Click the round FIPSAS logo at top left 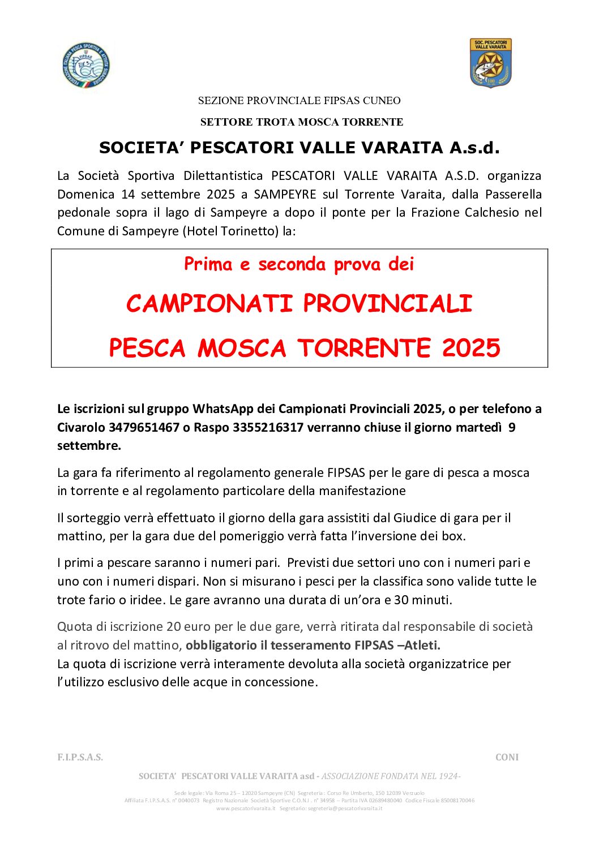86,65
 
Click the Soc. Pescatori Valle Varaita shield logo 490,63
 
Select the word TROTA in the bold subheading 275,122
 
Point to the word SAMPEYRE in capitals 285,194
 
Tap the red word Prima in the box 208,264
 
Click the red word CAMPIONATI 209,304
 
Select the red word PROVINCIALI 387,304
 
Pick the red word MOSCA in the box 242,348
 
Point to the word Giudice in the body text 414,518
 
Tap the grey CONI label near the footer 507,757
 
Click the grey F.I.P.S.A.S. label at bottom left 80,757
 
